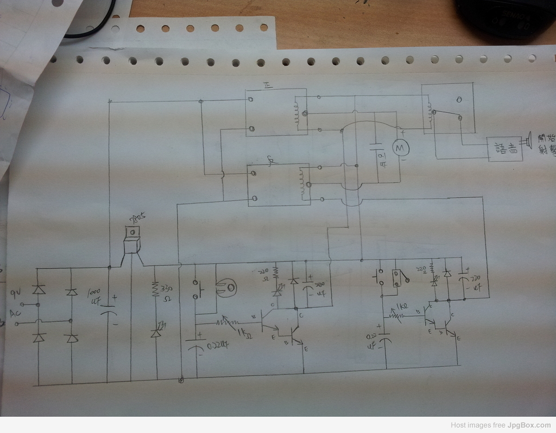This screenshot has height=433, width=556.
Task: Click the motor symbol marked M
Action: [401, 146]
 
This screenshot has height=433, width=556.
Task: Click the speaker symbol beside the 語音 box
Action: [527, 142]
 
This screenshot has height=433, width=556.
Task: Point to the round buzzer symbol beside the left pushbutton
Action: [226, 289]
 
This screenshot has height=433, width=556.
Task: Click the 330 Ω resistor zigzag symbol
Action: [155, 289]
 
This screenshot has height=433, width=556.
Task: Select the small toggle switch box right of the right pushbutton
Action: [398, 277]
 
